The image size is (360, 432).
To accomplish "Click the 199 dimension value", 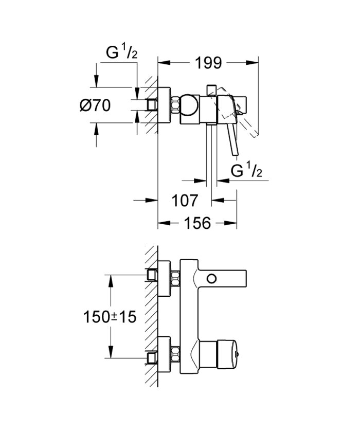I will (208, 63).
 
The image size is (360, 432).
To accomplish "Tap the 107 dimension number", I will (183, 200).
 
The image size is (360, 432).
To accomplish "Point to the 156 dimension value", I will (197, 223).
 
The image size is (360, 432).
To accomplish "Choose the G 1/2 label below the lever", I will (247, 171).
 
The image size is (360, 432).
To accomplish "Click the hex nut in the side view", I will (176, 105).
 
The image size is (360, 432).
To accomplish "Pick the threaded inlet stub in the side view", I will (152, 105).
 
